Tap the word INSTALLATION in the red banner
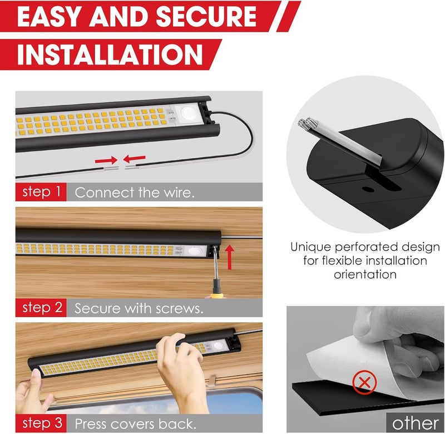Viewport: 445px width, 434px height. pyautogui.click(x=110, y=54)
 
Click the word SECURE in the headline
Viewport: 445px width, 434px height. pyautogui.click(x=206, y=16)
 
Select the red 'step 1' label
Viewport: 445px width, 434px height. pyautogui.click(x=41, y=192)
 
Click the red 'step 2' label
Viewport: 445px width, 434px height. pyautogui.click(x=41, y=307)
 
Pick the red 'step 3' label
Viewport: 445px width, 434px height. pyautogui.click(x=41, y=423)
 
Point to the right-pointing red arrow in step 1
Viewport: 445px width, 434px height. pyautogui.click(x=106, y=160)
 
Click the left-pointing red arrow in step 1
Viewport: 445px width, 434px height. pyautogui.click(x=135, y=159)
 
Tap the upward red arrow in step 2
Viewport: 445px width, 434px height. pyautogui.click(x=230, y=258)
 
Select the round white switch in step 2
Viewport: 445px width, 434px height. pyautogui.click(x=194, y=251)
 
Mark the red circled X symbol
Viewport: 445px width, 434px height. pyautogui.click(x=364, y=382)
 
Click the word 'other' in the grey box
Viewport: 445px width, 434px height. pyautogui.click(x=415, y=423)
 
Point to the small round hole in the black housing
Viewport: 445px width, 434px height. pyautogui.click(x=368, y=189)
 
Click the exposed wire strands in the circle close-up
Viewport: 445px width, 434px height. pyautogui.click(x=308, y=123)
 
